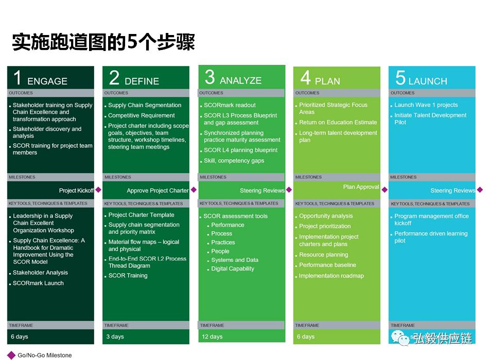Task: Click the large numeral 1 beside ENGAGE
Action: click(x=17, y=78)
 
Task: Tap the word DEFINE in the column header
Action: click(x=142, y=81)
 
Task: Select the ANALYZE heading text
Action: click(x=240, y=80)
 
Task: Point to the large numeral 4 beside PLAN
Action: click(x=306, y=78)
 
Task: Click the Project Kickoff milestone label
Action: click(x=76, y=191)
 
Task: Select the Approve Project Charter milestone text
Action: click(x=158, y=191)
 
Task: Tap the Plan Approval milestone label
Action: click(x=361, y=187)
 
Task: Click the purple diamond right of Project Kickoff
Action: click(x=98, y=190)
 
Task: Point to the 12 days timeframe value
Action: click(x=212, y=337)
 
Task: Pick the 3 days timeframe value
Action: click(x=115, y=337)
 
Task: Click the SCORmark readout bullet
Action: click(x=230, y=105)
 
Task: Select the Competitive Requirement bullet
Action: click(x=141, y=115)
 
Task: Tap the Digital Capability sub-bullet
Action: click(x=233, y=269)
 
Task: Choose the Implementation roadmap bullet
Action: click(x=331, y=276)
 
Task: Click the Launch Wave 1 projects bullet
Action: click(x=426, y=105)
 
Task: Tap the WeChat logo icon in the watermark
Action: click(x=400, y=338)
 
